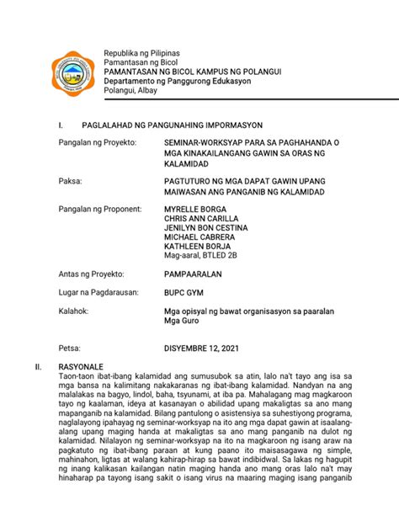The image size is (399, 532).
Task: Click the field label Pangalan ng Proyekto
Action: [96, 144]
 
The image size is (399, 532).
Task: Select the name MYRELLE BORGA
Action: [194, 208]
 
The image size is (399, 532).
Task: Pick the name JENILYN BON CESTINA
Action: [205, 228]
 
